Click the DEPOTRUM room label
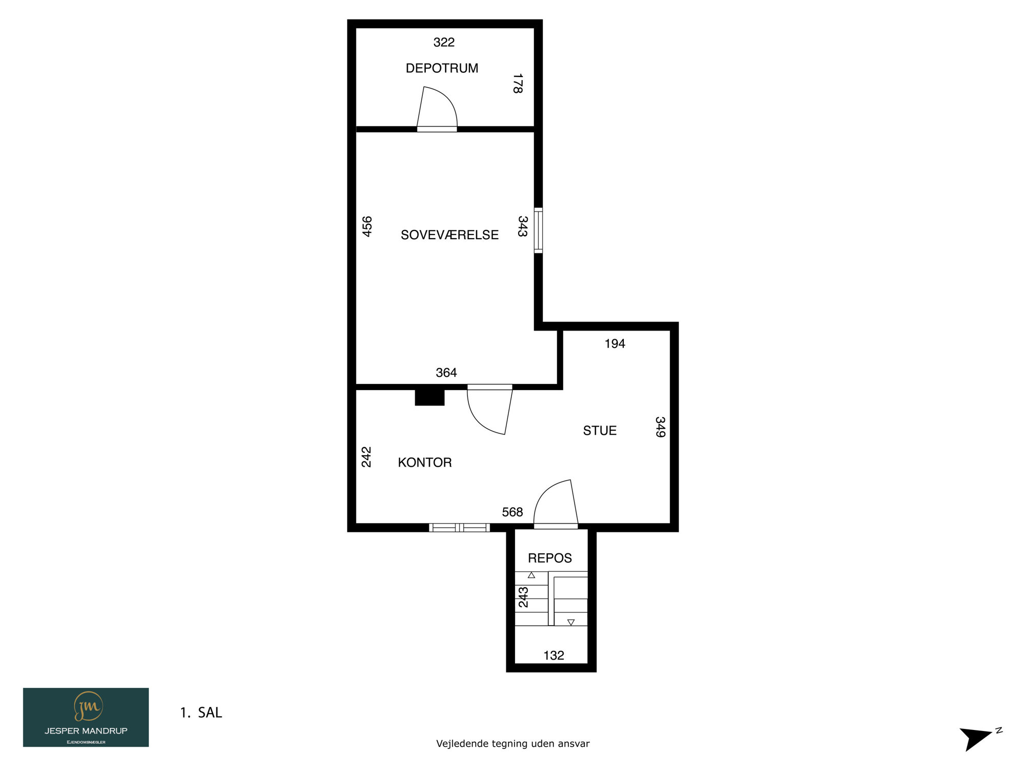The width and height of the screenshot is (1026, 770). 442,68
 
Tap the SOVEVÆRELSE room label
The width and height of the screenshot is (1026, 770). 449,235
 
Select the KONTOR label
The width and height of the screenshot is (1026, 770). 425,463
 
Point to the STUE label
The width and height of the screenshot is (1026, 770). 600,431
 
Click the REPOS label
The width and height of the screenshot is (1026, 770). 550,558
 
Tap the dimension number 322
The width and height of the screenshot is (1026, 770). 444,42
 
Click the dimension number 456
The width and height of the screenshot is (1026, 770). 367,226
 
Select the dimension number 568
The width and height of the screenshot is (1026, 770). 512,512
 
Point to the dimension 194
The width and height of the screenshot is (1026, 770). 615,343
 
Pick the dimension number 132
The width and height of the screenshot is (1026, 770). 554,655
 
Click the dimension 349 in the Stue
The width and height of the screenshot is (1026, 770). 660,427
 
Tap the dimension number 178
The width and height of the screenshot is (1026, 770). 518,84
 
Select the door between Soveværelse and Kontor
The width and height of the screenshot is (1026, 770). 489,409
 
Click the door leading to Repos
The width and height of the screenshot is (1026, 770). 556,504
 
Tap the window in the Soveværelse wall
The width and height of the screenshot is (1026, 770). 538,230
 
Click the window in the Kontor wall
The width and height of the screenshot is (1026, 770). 459,527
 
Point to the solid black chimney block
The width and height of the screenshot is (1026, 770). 429,398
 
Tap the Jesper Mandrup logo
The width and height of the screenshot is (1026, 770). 86,717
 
